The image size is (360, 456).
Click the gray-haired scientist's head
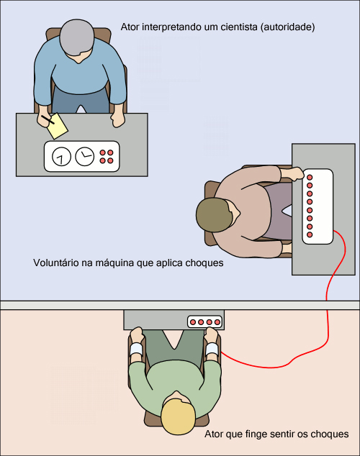[x=77, y=37]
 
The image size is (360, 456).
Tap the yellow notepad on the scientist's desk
[x=58, y=126]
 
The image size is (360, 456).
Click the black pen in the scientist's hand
[x=48, y=120]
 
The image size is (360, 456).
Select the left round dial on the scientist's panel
[x=61, y=157]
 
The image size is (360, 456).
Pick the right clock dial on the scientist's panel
[x=85, y=157]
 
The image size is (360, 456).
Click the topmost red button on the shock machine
[x=310, y=177]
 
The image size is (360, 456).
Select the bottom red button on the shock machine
[x=310, y=234]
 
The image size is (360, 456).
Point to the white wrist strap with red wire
[x=212, y=349]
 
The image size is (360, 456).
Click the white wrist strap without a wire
[x=136, y=349]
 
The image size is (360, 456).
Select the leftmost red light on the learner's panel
[x=193, y=322]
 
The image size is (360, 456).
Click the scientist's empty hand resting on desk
[x=118, y=119]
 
